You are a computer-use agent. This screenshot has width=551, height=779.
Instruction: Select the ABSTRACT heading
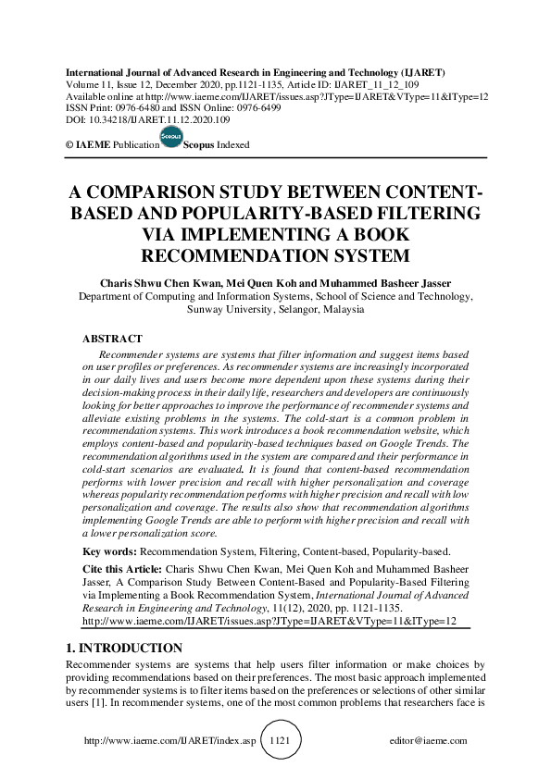click(x=112, y=340)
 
